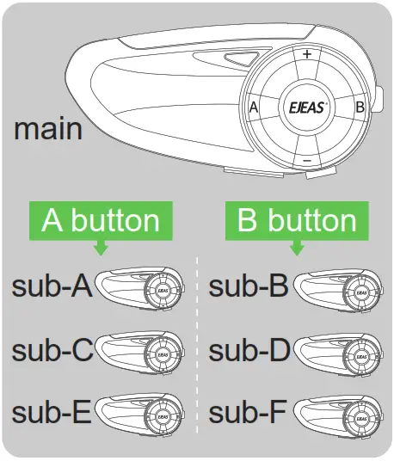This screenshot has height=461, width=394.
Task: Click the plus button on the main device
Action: click(306, 54)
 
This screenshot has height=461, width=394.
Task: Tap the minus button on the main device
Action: click(306, 161)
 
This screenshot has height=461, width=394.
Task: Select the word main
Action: click(48, 129)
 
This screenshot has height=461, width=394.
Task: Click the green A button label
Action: click(101, 221)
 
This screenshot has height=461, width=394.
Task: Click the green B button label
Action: click(297, 221)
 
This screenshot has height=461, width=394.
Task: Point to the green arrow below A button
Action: click(101, 248)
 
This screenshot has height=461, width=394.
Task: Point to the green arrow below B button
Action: click(297, 248)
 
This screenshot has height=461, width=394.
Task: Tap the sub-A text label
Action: click(52, 286)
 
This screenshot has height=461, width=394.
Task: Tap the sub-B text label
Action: click(249, 286)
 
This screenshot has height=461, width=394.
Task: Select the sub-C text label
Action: click(52, 350)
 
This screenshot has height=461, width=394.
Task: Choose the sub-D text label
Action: click(249, 350)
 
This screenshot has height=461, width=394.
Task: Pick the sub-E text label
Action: click(51, 413)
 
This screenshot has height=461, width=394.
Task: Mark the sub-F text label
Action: click(247, 413)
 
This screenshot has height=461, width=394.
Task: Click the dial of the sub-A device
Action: click(163, 290)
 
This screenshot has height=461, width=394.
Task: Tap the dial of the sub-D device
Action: click(361, 357)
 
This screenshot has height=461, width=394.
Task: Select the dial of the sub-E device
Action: click(163, 417)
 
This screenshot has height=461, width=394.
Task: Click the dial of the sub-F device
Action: click(361, 418)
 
